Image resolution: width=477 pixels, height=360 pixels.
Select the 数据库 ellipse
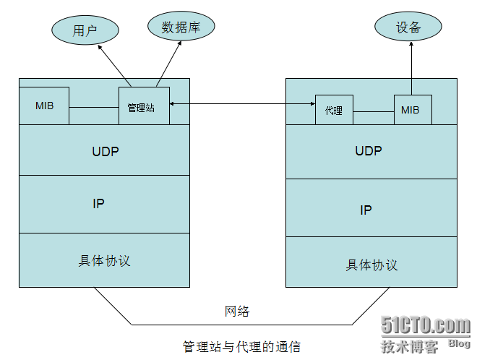pyautogui.click(x=181, y=27)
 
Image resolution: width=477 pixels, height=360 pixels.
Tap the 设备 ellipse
pyautogui.click(x=408, y=27)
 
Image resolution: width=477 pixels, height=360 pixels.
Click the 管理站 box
pyautogui.click(x=144, y=106)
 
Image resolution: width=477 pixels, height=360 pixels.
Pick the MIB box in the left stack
pyautogui.click(x=44, y=106)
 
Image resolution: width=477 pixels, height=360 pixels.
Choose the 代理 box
pyautogui.click(x=334, y=110)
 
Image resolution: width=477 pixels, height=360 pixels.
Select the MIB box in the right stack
pyautogui.click(x=413, y=110)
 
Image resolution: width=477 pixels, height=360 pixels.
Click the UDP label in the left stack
pyautogui.click(x=106, y=152)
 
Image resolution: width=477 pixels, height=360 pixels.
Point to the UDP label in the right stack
pyautogui.click(x=369, y=151)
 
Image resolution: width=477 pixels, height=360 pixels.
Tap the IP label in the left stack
pyautogui.click(x=99, y=204)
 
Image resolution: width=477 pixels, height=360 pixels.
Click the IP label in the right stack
pyautogui.click(x=366, y=210)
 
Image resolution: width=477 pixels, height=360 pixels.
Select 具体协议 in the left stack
pyautogui.click(x=105, y=260)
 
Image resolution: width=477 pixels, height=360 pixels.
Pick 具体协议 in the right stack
pyautogui.click(x=371, y=265)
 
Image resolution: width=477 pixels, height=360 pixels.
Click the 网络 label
pyautogui.click(x=237, y=311)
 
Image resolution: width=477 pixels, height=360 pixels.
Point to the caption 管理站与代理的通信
pyautogui.click(x=241, y=346)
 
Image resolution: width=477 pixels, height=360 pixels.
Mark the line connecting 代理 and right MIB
pyautogui.click(x=374, y=111)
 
